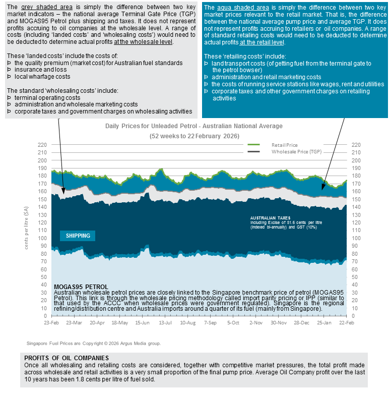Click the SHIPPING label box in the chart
click(x=78, y=236)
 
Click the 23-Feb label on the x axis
click(x=52, y=322)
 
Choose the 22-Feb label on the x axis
click(x=346, y=322)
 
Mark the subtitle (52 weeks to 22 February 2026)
click(x=194, y=136)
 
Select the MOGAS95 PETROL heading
click(x=81, y=287)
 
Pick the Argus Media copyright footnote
click(x=94, y=343)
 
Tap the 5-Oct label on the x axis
click(x=234, y=322)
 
